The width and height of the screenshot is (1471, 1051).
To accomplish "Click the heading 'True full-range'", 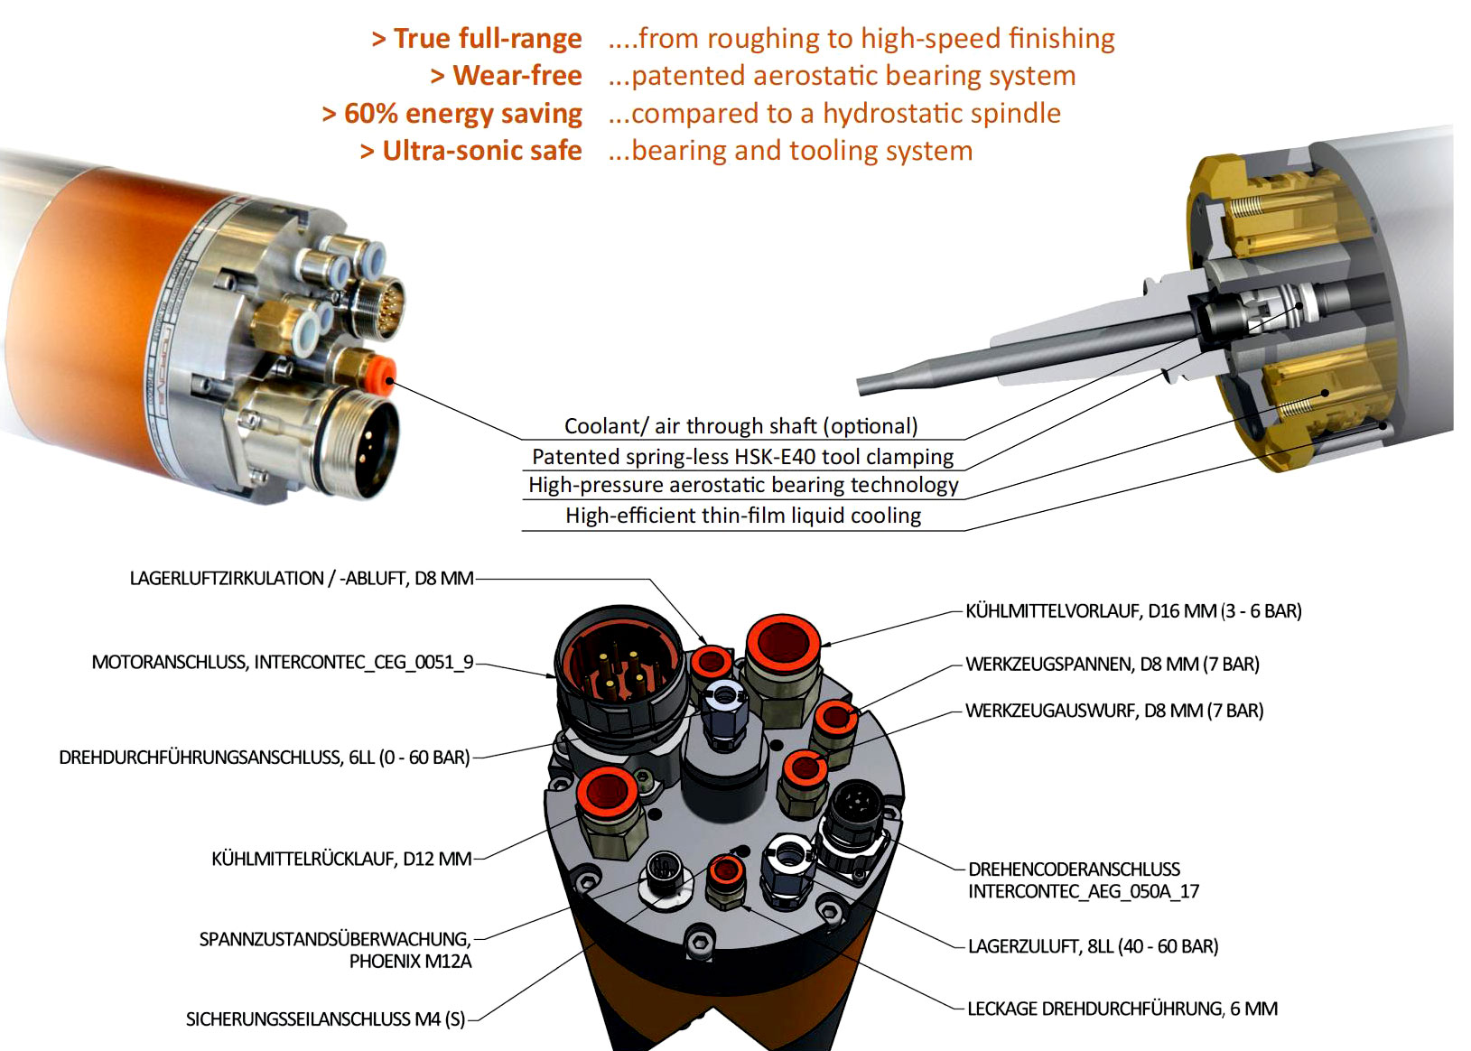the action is tap(488, 38).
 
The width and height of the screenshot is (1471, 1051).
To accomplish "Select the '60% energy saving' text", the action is tap(463, 114).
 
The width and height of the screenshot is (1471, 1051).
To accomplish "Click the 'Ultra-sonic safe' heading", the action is tap(482, 151).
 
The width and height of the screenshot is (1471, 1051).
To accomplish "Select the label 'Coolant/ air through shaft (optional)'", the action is tap(740, 426).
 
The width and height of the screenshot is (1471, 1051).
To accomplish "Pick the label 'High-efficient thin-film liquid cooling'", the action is tap(742, 516).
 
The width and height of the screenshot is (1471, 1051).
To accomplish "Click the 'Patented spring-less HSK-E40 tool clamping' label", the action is tap(742, 456).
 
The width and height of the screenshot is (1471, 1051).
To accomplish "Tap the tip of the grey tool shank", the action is tap(861, 387).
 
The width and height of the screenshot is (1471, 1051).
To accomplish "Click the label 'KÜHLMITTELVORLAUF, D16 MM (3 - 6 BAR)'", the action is tap(1133, 611).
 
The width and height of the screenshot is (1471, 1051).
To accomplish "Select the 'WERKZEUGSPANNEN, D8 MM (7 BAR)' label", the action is tap(1113, 665).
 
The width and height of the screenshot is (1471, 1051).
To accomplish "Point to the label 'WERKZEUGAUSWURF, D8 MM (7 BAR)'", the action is tap(1114, 711).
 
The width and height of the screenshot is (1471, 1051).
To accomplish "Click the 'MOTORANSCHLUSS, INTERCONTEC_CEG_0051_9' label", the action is tap(283, 662).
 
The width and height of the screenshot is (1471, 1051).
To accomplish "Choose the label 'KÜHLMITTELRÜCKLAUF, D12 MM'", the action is tap(341, 859).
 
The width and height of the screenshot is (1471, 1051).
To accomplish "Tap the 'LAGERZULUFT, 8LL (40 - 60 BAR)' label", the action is tap(1094, 946).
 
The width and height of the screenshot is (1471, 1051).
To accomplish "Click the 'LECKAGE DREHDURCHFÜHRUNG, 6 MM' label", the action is tap(1123, 1009).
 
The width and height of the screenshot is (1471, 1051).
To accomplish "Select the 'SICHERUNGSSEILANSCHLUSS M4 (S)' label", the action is tap(326, 1018).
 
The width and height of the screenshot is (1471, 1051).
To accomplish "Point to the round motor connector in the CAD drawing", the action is tap(620, 671).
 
